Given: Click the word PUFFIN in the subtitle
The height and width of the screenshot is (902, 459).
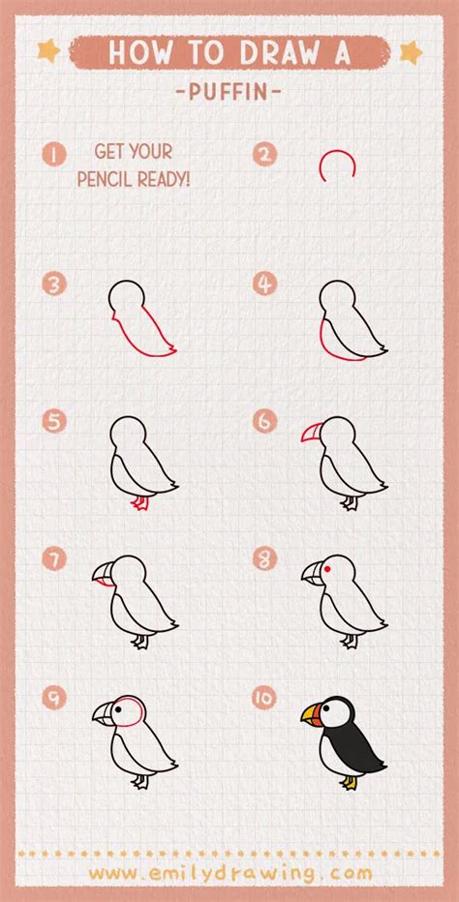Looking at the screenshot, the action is (x=229, y=92).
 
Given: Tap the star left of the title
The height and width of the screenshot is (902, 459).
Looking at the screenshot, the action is (x=49, y=51).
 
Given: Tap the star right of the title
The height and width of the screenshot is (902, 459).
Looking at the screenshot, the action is (x=411, y=52).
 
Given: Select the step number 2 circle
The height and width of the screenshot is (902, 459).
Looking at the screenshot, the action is (x=264, y=154).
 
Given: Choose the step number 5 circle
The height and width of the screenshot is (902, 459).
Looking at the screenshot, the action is (x=54, y=421).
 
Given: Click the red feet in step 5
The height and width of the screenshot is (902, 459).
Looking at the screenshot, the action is (x=139, y=503).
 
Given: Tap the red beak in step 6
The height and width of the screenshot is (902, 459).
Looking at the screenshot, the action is (x=312, y=432).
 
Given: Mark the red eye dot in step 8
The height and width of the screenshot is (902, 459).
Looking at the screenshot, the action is (x=327, y=569).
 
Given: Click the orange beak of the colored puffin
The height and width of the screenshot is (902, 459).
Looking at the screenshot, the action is (x=312, y=713).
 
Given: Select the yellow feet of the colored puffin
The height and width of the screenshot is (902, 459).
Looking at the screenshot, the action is (x=349, y=782).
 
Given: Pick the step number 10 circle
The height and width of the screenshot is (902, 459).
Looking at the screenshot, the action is (x=264, y=697).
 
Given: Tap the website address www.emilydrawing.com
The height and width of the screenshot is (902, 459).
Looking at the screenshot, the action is (x=230, y=873).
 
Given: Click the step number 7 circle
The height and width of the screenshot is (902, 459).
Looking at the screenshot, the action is (x=54, y=559).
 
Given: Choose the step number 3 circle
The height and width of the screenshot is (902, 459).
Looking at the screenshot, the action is (x=54, y=285).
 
